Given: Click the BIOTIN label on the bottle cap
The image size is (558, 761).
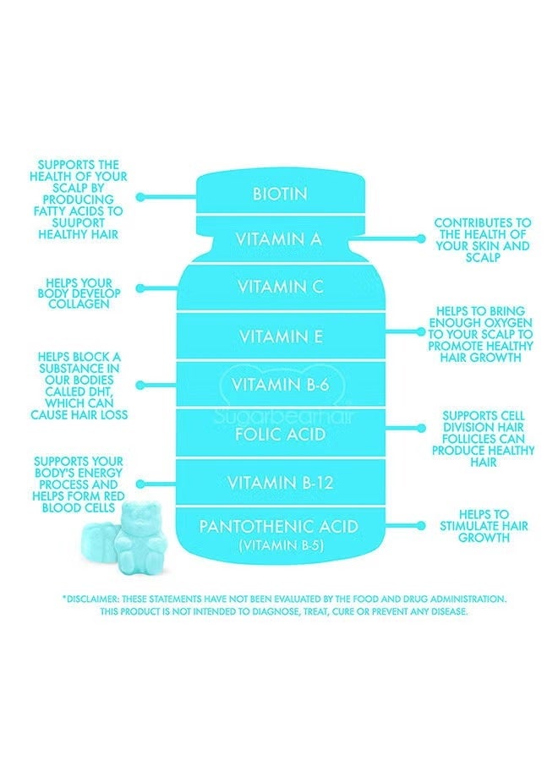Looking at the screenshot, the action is point(279,194).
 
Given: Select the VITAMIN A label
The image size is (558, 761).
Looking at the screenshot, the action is point(279,239).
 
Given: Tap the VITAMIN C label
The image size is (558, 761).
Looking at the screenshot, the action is point(279,287).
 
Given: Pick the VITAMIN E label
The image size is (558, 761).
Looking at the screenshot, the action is point(279,337).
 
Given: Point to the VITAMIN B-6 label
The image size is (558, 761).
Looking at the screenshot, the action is point(279,386).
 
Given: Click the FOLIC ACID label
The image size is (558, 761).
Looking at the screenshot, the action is point(279,435).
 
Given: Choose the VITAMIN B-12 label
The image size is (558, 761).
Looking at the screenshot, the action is point(279,484).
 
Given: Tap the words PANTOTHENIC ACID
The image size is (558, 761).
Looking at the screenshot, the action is point(279,527).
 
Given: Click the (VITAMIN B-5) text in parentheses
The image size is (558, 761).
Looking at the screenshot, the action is point(279,545).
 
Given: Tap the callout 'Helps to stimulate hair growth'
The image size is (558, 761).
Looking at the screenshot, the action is point(484,525).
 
